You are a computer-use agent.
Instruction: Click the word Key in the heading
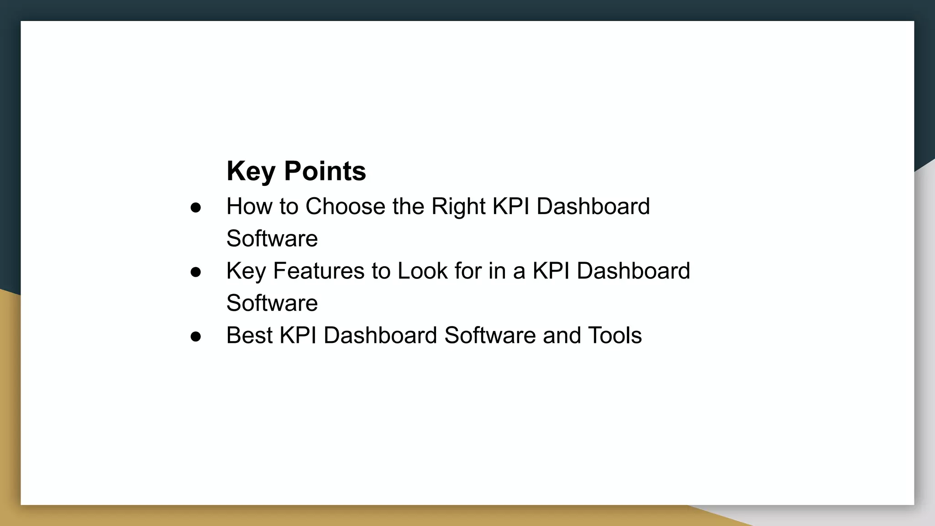pyautogui.click(x=251, y=172)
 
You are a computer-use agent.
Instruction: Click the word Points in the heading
pyautogui.click(x=325, y=172)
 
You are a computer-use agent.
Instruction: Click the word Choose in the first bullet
pyautogui.click(x=345, y=206)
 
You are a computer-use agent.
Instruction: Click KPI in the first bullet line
pyautogui.click(x=511, y=206)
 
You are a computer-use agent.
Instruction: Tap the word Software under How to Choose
pyautogui.click(x=272, y=238)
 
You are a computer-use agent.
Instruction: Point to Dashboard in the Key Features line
pyautogui.click(x=633, y=271)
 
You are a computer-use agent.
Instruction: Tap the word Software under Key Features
pyautogui.click(x=272, y=303)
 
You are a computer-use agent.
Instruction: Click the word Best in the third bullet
pyautogui.click(x=249, y=335)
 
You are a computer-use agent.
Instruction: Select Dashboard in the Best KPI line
pyautogui.click(x=380, y=335)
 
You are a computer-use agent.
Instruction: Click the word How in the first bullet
pyautogui.click(x=249, y=206)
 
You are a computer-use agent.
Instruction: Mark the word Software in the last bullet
pyautogui.click(x=490, y=335)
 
